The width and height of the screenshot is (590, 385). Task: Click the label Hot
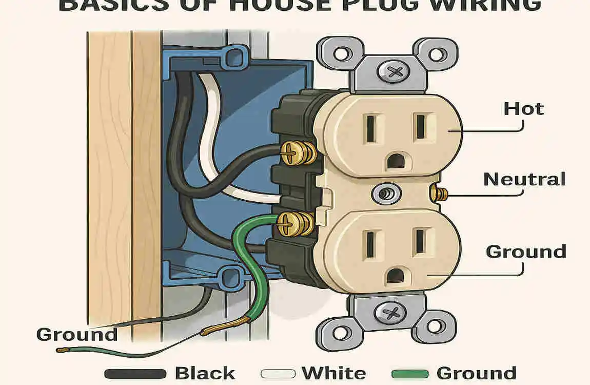(x=523, y=109)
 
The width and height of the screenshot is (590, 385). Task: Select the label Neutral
(x=524, y=179)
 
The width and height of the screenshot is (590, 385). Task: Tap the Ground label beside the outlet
(x=525, y=252)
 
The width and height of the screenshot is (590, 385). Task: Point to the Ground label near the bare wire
(x=76, y=335)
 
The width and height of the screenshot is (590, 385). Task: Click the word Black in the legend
(x=204, y=373)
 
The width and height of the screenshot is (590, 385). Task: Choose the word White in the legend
(x=333, y=373)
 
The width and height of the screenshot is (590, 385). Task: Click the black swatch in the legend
(x=135, y=373)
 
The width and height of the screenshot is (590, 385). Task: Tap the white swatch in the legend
(x=278, y=373)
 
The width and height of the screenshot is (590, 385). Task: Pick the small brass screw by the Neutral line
(x=439, y=194)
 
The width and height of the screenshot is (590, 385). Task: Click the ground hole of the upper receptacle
(x=394, y=161)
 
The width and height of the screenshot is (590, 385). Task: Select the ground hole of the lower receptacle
(x=394, y=276)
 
